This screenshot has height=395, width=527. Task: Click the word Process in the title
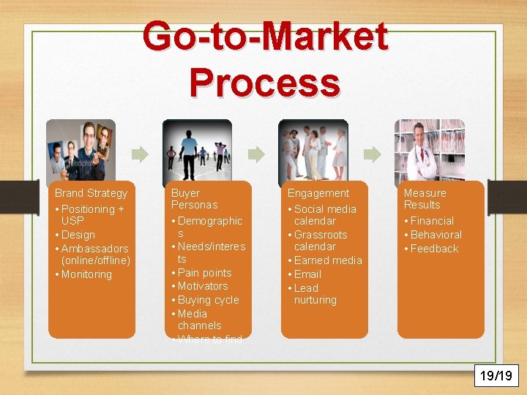[264, 82]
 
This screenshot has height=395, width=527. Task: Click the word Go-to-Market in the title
[265, 37]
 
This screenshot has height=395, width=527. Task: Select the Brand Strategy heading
[91, 193]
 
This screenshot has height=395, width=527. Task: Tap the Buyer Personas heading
[194, 199]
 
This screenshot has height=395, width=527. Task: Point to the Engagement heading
[318, 193]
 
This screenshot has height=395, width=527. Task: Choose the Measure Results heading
[425, 199]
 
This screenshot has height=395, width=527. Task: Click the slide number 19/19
[496, 376]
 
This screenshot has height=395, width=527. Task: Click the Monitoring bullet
[86, 274]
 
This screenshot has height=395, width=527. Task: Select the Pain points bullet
[204, 273]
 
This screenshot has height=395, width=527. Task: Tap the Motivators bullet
[203, 286]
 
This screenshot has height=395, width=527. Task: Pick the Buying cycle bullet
[208, 300]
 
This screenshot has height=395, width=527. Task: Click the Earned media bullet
[327, 260]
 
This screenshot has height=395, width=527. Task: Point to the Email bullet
[307, 274]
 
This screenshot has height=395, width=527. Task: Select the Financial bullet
[432, 221]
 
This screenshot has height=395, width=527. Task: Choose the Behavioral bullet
[436, 235]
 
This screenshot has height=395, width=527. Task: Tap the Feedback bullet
[434, 249]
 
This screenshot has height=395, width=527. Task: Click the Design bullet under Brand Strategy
[78, 235]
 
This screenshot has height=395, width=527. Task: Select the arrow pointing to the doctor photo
[372, 154]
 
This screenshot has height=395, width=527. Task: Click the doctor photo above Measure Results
[430, 150]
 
